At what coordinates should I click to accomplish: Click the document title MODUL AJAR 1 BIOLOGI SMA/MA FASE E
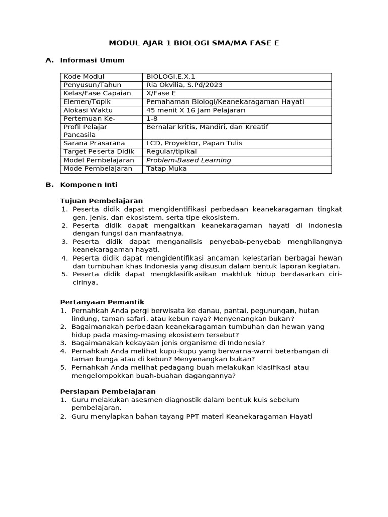(195, 43)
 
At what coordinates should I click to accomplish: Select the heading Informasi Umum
(92, 60)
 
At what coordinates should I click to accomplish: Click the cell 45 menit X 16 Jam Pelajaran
(196, 110)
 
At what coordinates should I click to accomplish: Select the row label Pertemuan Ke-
(89, 118)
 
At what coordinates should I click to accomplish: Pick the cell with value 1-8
(152, 118)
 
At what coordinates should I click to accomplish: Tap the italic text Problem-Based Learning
(188, 160)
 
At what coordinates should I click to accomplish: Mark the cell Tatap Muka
(166, 169)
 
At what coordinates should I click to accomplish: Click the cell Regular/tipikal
(171, 151)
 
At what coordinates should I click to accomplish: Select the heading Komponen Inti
(88, 185)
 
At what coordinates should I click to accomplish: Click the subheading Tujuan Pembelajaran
(101, 201)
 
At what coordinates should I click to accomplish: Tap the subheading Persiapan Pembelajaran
(108, 391)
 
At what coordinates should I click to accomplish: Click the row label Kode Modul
(83, 77)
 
